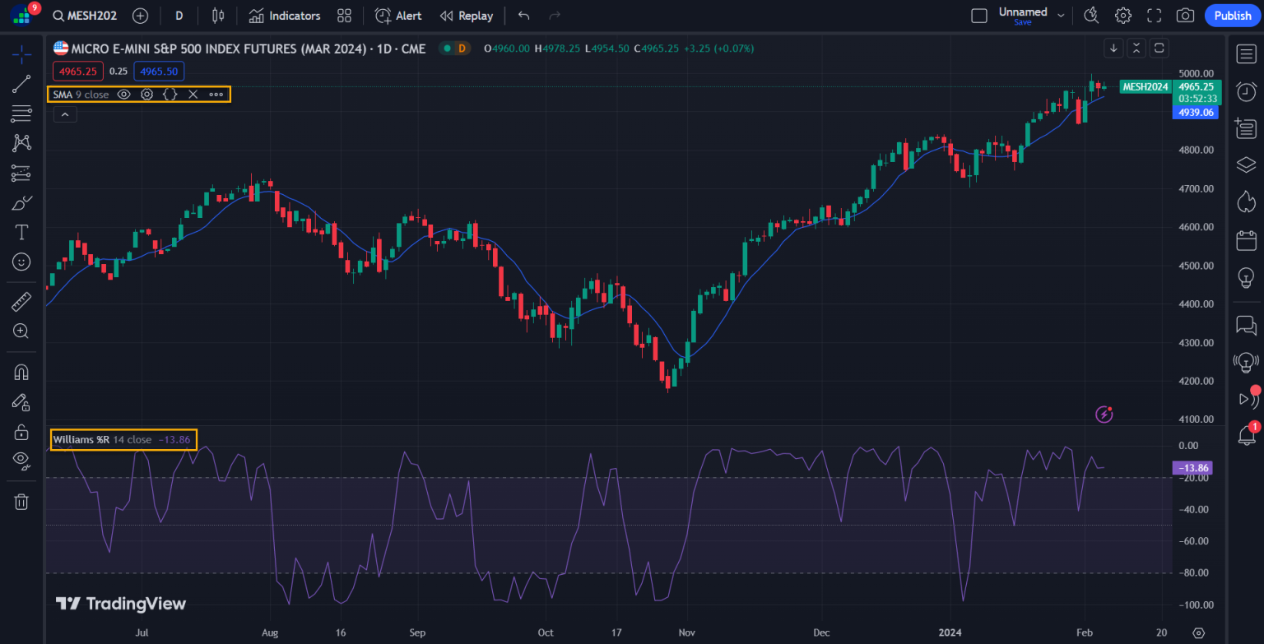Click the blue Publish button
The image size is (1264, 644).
(1232, 16)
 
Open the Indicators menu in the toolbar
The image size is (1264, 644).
(285, 16)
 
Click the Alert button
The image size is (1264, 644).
(398, 16)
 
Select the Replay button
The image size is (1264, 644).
(467, 16)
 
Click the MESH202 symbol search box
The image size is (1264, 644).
(85, 16)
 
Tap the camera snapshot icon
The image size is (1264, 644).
(1185, 16)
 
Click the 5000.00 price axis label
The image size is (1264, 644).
(1196, 73)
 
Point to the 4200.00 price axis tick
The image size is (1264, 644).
(1196, 381)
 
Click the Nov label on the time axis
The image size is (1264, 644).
(687, 632)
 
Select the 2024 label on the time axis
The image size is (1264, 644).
(950, 632)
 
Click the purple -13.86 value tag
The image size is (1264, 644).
(1192, 468)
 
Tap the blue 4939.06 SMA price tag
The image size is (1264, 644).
(1195, 112)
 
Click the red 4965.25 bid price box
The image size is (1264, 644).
(78, 72)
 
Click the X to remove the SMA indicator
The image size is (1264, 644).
(193, 95)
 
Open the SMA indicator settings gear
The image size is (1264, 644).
(146, 95)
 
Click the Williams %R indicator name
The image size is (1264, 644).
(81, 440)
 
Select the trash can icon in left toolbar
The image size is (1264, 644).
(21, 502)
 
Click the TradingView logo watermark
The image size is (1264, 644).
(121, 604)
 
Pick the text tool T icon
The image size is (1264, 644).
(21, 232)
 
